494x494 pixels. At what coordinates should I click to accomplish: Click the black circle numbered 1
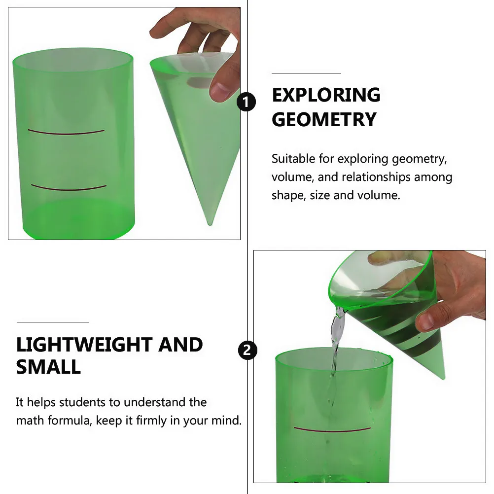click(x=246, y=102)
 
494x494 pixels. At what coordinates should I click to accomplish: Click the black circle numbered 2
click(x=247, y=351)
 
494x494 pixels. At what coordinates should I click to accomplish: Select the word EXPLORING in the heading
click(x=326, y=95)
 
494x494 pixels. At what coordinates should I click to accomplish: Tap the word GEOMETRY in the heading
click(x=324, y=119)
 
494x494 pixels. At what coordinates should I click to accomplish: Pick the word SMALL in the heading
click(x=48, y=367)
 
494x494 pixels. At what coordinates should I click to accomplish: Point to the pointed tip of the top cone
click(x=210, y=224)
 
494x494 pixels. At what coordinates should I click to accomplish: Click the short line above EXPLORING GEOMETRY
click(x=306, y=73)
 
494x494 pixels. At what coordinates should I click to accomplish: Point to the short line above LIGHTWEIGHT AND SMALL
click(x=53, y=322)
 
